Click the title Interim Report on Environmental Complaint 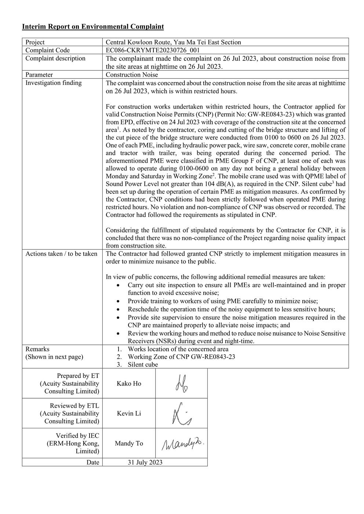[93, 27]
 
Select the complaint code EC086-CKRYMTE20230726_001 [153, 51]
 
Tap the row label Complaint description [55, 59]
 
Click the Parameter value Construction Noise [132, 75]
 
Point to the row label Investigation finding [54, 83]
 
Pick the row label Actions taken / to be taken [61, 254]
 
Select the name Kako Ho [129, 384]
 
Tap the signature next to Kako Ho [181, 384]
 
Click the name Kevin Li [129, 413]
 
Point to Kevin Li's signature [182, 414]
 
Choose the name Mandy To [129, 443]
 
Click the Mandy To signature [182, 444]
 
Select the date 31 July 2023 [145, 462]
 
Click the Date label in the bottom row [93, 462]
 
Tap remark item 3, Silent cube [143, 365]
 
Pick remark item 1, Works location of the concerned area [178, 349]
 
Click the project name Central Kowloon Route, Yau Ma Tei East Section [173, 42]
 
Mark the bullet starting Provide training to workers [222, 301]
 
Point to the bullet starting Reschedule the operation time [231, 309]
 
